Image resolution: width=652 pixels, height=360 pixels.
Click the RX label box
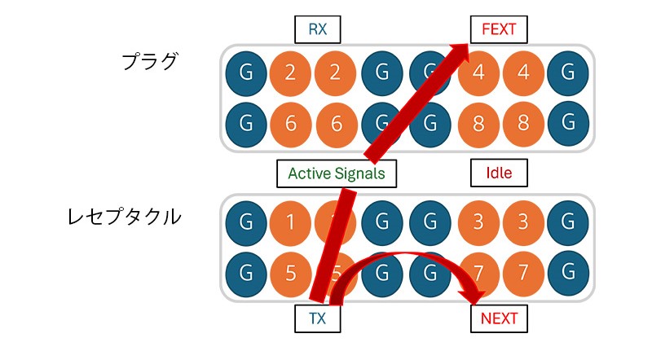point(317,30)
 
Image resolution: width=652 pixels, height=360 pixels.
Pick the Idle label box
point(499,173)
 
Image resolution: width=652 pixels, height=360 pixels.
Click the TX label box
point(317,318)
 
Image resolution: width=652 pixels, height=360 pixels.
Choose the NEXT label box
point(499,318)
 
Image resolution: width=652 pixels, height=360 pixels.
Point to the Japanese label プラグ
point(149,61)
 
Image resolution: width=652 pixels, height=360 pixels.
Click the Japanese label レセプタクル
point(125,217)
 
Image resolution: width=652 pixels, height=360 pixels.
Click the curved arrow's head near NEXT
point(470,294)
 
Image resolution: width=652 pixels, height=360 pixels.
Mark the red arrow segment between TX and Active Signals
point(334,244)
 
